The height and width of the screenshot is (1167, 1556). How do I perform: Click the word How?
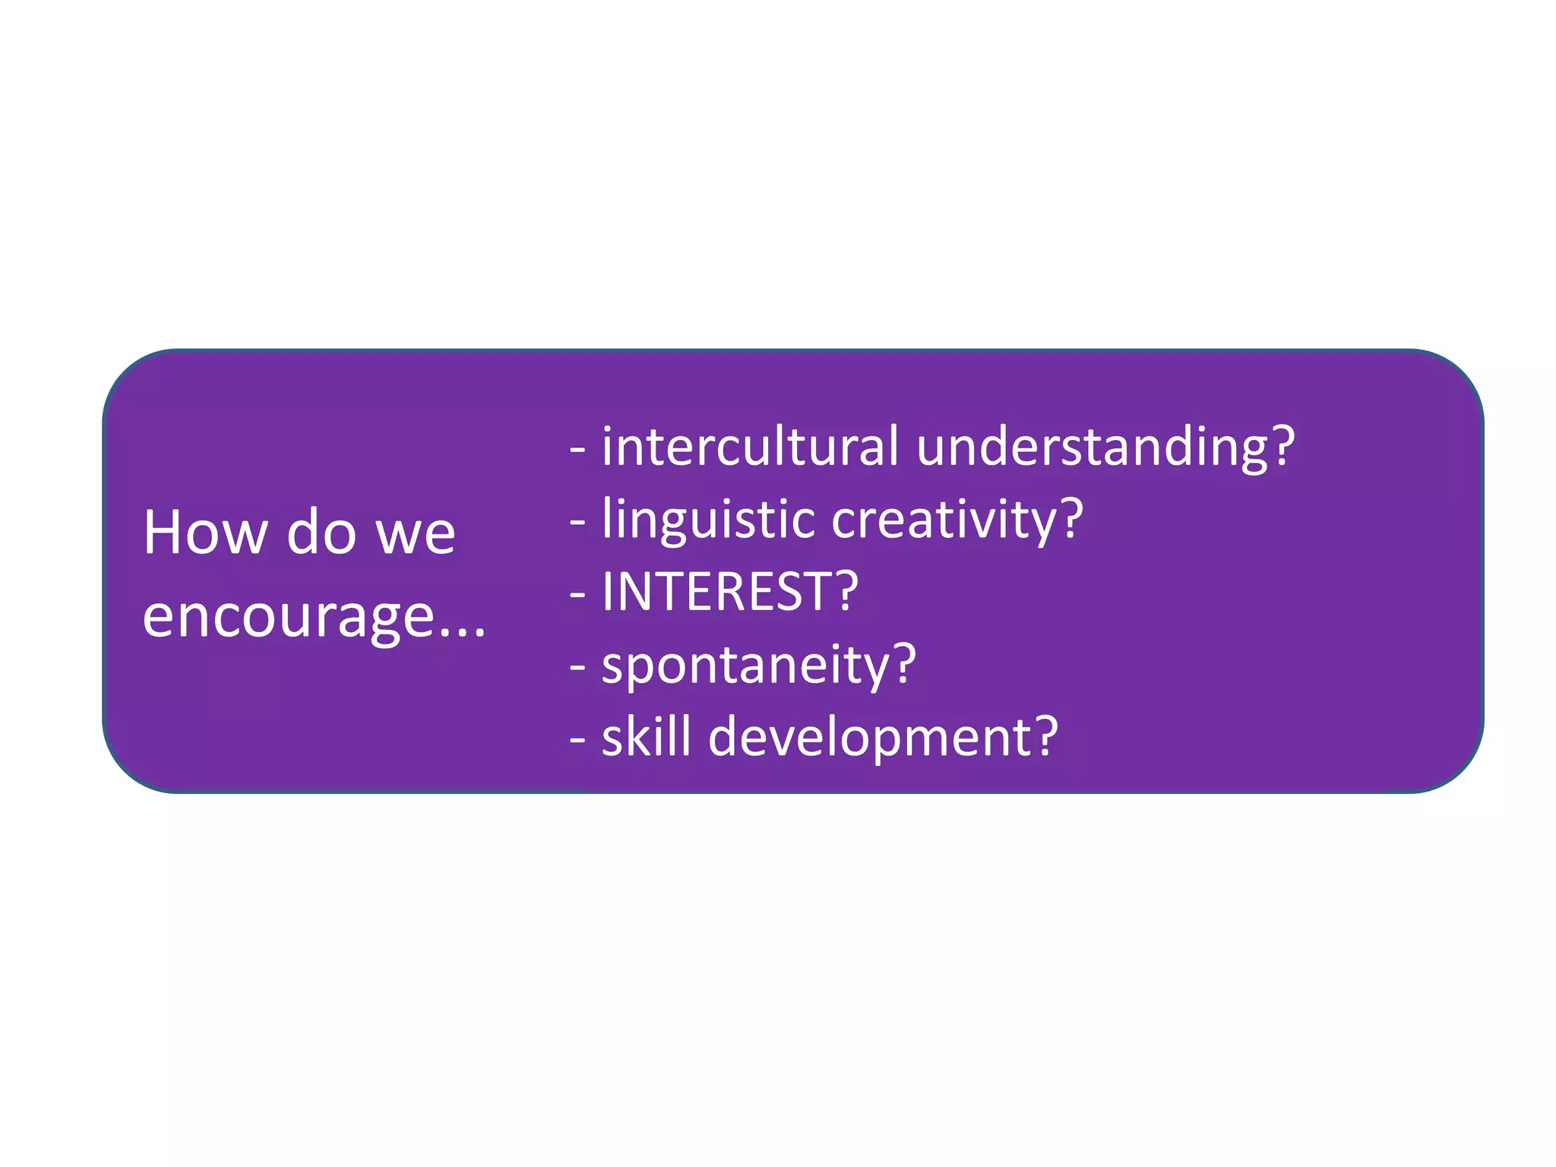pyautogui.click(x=205, y=533)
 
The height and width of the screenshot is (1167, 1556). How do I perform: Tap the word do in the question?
pyautogui.click(x=321, y=533)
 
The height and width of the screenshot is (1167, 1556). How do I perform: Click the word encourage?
pyautogui.click(x=288, y=617)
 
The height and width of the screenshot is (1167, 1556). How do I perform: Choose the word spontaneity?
pyautogui.click(x=745, y=666)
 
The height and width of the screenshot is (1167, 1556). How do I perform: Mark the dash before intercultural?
pyautogui.click(x=577, y=450)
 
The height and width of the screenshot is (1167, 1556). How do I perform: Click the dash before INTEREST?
pyautogui.click(x=577, y=595)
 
